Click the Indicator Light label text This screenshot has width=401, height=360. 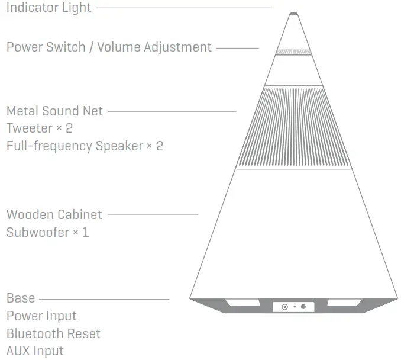pyautogui.click(x=48, y=8)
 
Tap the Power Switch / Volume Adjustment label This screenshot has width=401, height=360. pyautogui.click(x=109, y=47)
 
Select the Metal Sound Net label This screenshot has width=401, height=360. pyautogui.click(x=54, y=111)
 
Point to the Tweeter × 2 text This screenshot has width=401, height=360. pyautogui.click(x=39, y=128)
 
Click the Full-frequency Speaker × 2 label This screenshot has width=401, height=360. pyautogui.click(x=85, y=146)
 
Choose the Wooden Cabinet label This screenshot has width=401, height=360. pyautogui.click(x=54, y=214)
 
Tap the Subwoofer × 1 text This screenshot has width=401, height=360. pyautogui.click(x=47, y=232)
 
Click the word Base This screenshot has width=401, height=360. pyautogui.click(x=21, y=298)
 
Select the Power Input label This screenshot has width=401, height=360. pyautogui.click(x=41, y=316)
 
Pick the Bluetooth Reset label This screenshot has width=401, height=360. pyautogui.click(x=53, y=333)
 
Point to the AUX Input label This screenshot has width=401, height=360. pyautogui.click(x=35, y=351)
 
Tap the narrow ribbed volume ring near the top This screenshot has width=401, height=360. pyautogui.click(x=293, y=52)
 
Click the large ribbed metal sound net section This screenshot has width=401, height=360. pyautogui.click(x=293, y=127)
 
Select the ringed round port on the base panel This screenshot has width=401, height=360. pyautogui.click(x=284, y=307)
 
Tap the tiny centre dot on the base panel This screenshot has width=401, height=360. pyautogui.click(x=295, y=307)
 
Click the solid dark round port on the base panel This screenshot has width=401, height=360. pyautogui.click(x=303, y=307)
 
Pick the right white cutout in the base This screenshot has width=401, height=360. pyautogui.click(x=344, y=303)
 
